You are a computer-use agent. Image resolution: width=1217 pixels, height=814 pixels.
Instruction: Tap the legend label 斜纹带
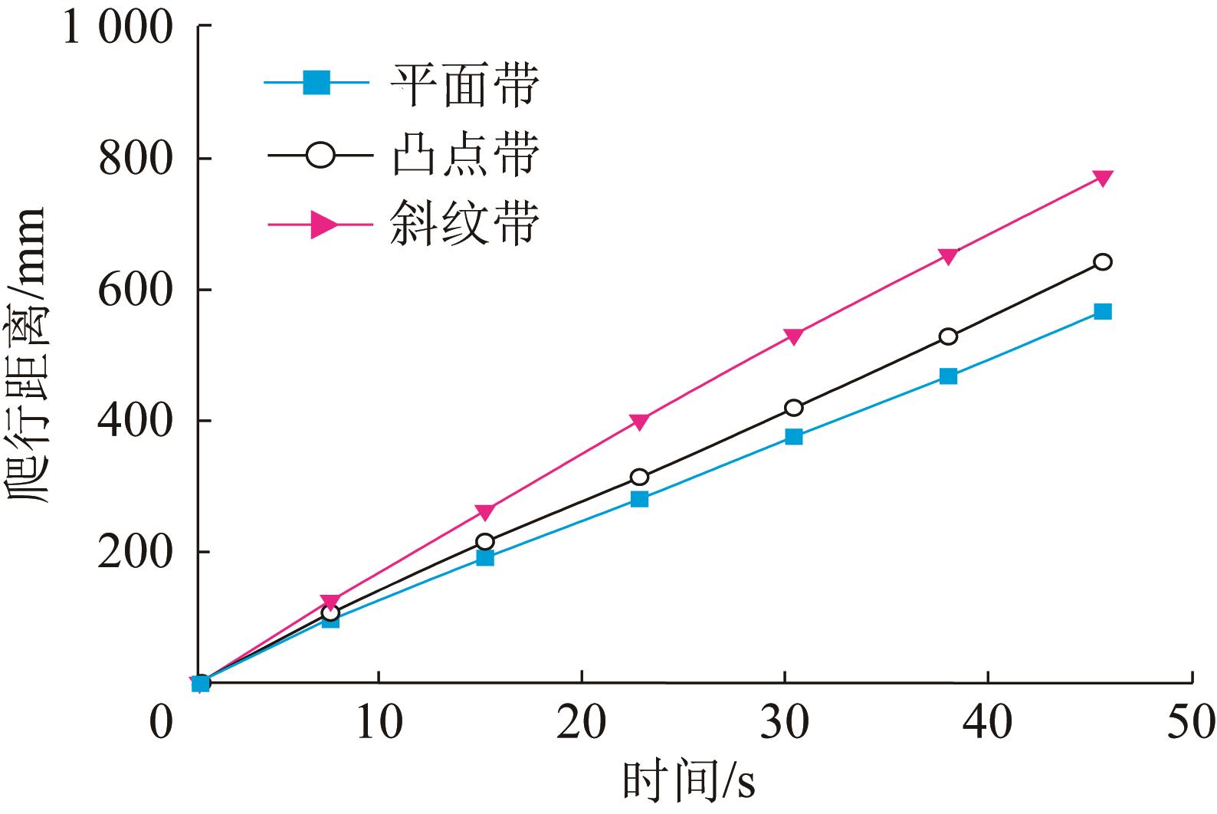[464, 224]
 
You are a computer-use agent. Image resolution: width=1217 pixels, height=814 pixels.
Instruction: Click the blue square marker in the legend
[317, 82]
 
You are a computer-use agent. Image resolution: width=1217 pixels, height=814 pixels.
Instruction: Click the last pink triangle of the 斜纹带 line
[1102, 178]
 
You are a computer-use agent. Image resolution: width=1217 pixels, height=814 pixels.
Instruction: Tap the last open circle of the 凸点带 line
[1102, 262]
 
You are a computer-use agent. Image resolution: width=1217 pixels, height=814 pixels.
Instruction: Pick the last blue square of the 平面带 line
[1102, 311]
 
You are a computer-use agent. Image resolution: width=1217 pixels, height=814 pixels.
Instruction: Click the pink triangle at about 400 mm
[640, 421]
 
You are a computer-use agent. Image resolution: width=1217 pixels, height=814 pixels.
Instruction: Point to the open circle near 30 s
[794, 407]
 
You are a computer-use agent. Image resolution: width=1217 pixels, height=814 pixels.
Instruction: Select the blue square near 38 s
[948, 376]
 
